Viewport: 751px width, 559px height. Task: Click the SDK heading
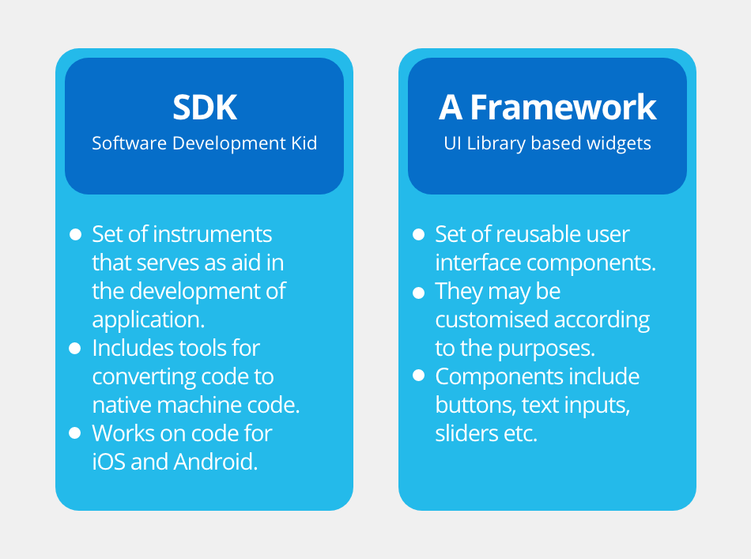pyautogui.click(x=205, y=108)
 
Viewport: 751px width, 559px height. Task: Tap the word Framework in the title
pyautogui.click(x=563, y=108)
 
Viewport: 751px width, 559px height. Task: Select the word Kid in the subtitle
pyautogui.click(x=304, y=143)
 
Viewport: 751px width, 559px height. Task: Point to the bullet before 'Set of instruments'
pyautogui.click(x=75, y=234)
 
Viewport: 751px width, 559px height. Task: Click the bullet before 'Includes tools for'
pyautogui.click(x=75, y=348)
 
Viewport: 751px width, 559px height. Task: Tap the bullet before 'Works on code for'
pyautogui.click(x=75, y=433)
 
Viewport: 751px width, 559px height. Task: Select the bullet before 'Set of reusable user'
pyautogui.click(x=419, y=234)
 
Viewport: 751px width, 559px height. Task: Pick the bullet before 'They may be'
pyautogui.click(x=419, y=293)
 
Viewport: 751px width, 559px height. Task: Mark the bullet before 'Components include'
pyautogui.click(x=419, y=376)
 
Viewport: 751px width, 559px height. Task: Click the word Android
pyautogui.click(x=216, y=462)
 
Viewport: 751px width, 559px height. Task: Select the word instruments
pyautogui.click(x=213, y=234)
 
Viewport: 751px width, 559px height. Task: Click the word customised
pyautogui.click(x=492, y=319)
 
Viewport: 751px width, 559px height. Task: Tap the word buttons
pyautogui.click(x=475, y=406)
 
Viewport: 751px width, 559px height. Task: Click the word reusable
pyautogui.click(x=540, y=234)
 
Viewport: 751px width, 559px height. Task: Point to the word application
pyautogui.click(x=149, y=320)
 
